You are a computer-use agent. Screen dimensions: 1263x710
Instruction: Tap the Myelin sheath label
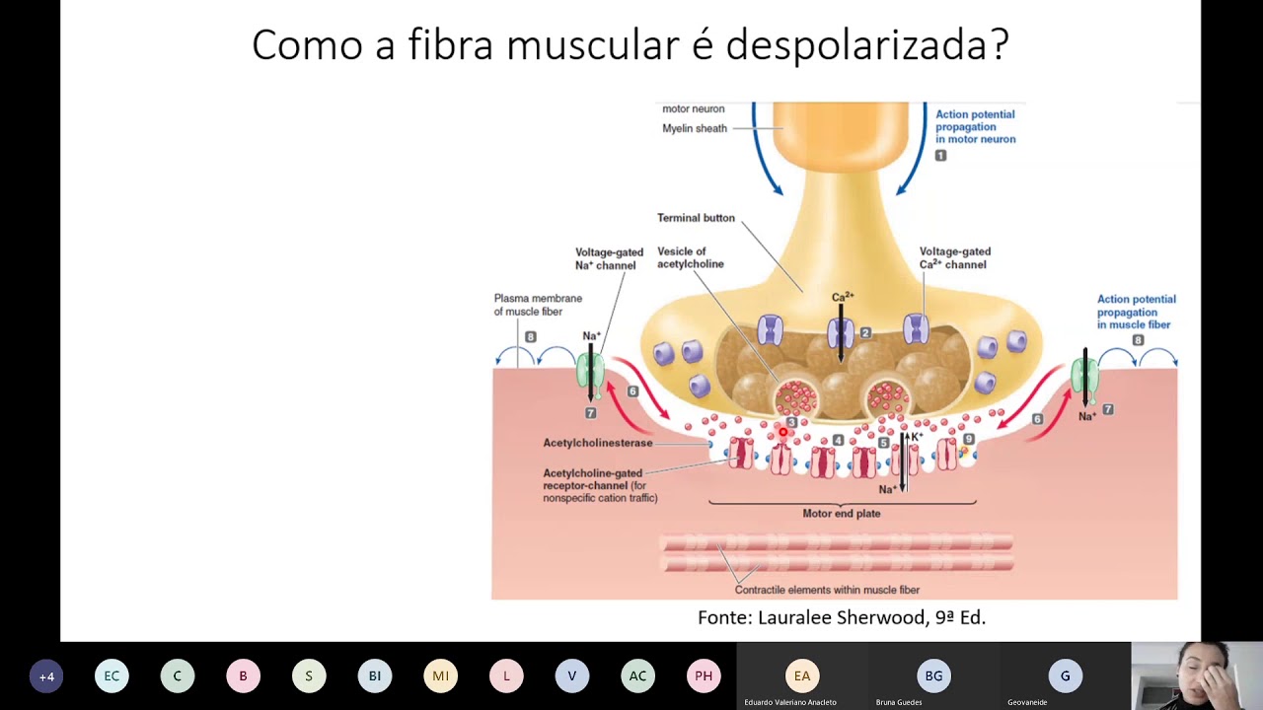(x=695, y=128)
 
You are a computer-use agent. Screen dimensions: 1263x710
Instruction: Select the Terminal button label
(x=696, y=218)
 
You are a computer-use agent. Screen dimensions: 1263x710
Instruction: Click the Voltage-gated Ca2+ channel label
(x=954, y=258)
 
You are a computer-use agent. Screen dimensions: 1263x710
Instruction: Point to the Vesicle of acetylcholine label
(x=690, y=258)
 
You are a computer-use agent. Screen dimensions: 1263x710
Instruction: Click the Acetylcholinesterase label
(x=598, y=443)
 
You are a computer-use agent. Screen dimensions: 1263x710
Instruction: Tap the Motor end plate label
(x=841, y=513)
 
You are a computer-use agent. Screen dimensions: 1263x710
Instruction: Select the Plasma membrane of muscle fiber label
(x=538, y=305)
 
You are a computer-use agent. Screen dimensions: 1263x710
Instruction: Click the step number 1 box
(x=940, y=156)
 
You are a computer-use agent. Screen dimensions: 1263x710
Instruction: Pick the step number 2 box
(x=865, y=333)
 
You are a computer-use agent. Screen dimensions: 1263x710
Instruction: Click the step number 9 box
(x=969, y=439)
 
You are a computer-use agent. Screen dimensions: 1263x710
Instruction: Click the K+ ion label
(x=917, y=436)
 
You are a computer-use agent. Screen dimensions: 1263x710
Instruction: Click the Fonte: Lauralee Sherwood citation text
(x=842, y=617)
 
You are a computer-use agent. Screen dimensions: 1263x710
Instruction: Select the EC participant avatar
(x=111, y=675)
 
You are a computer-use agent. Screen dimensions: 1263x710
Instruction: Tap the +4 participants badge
(x=46, y=676)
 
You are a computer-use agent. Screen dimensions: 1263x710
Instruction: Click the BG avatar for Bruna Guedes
(x=933, y=675)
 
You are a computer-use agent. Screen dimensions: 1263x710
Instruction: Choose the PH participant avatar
(x=704, y=675)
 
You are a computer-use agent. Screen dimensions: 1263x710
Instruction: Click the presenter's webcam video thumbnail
(x=1196, y=675)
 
